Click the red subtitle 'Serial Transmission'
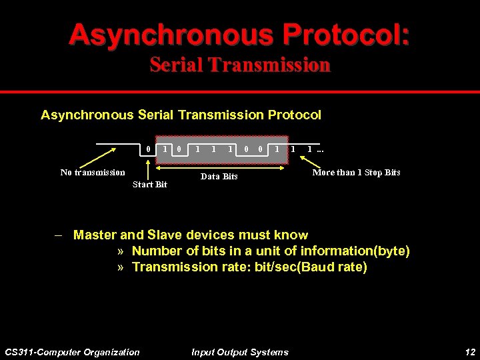[239, 65]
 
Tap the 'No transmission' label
[93, 173]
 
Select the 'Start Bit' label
[150, 185]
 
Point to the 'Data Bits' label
[219, 177]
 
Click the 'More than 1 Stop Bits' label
[357, 173]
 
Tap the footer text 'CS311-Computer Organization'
[72, 352]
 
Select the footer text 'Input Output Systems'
[239, 352]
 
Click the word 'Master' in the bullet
[95, 235]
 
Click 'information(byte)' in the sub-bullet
[360, 251]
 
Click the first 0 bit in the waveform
[147, 149]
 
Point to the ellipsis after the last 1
[321, 149]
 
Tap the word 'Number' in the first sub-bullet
[154, 251]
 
